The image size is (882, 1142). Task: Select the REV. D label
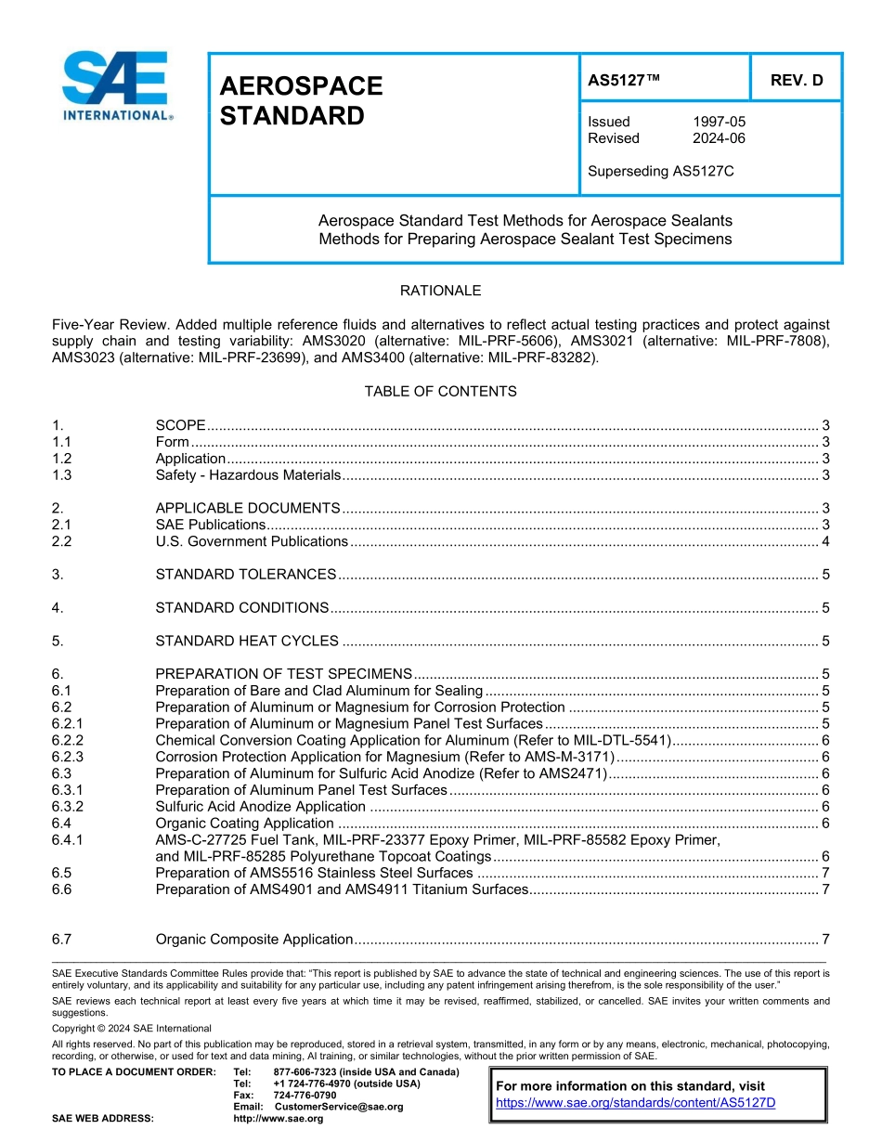[x=796, y=81]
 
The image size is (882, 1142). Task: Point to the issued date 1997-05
[x=719, y=122]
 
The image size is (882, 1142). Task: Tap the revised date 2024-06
[x=719, y=138]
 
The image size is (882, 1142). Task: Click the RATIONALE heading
[x=440, y=291]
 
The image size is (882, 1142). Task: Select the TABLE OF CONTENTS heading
[x=440, y=391]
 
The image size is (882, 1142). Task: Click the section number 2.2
[x=62, y=541]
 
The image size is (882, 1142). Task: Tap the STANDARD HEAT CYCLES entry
[x=247, y=641]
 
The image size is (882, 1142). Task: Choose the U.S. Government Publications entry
[x=252, y=541]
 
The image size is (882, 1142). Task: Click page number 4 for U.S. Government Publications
[x=825, y=541]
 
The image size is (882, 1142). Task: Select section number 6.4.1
[x=68, y=839]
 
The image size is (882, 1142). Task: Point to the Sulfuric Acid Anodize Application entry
[x=260, y=806]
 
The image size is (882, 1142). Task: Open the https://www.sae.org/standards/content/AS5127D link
[x=635, y=1102]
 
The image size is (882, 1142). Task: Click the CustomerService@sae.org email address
[x=339, y=1107]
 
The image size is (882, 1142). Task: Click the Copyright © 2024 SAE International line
[x=132, y=1028]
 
